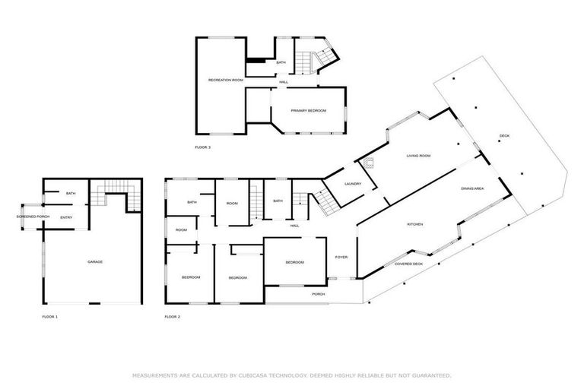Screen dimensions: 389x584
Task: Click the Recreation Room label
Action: (226, 80)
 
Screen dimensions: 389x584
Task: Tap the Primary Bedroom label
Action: (308, 111)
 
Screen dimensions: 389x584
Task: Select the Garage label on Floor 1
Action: (95, 262)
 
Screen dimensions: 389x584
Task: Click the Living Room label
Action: (418, 156)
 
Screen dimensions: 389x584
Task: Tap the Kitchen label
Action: (414, 225)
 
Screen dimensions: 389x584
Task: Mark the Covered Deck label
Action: (408, 264)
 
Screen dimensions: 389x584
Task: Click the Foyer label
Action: (341, 258)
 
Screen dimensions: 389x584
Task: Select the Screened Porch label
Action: (33, 217)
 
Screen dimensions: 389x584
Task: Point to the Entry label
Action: (67, 218)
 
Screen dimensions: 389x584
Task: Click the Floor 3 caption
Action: (202, 147)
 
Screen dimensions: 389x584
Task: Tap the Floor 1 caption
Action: (49, 316)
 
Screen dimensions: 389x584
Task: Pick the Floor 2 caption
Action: (173, 316)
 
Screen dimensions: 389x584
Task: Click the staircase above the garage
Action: (114, 195)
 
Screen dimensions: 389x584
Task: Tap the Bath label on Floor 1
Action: (71, 194)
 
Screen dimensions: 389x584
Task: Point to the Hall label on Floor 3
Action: (284, 82)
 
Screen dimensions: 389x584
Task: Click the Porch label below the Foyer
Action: (319, 294)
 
